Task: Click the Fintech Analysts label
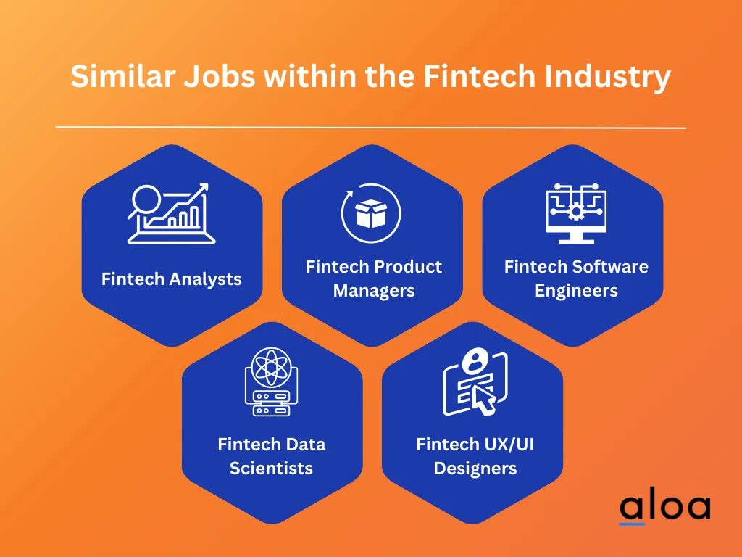[x=172, y=279]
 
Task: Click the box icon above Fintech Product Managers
[x=371, y=213]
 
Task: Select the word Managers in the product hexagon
[x=374, y=291]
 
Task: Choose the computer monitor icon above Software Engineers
[x=576, y=214]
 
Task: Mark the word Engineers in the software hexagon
[x=576, y=291]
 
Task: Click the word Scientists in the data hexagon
[x=271, y=468]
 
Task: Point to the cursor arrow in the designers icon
[x=481, y=398]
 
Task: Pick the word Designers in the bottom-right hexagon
[x=475, y=468]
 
